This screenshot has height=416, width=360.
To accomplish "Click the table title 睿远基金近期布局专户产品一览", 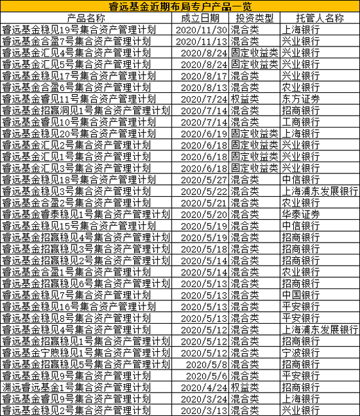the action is click(x=180, y=6).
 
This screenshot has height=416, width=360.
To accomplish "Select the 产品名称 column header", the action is click(x=86, y=18).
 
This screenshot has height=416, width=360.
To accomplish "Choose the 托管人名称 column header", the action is click(x=319, y=18).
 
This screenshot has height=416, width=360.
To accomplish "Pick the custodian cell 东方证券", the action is click(x=300, y=99).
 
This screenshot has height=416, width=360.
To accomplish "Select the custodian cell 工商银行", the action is click(x=300, y=122).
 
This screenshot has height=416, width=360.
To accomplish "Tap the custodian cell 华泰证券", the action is click(x=300, y=214).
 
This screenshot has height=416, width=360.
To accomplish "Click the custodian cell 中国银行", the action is click(x=300, y=294).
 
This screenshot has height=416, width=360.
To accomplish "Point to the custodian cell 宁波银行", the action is click(x=300, y=352).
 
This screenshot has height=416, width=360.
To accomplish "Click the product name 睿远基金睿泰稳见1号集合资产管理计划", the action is click(x=86, y=214).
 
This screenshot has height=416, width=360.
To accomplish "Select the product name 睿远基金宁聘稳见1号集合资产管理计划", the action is click(x=86, y=352).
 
